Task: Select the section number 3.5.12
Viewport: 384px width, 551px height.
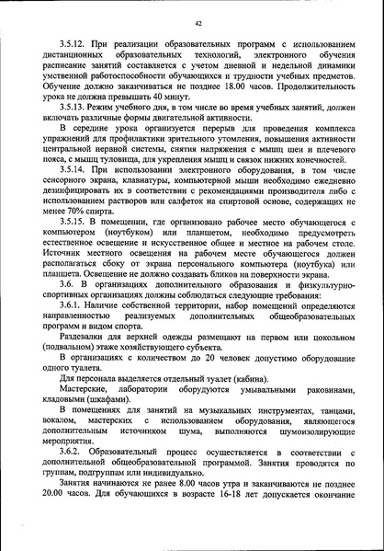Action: pyautogui.click(x=74, y=45)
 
